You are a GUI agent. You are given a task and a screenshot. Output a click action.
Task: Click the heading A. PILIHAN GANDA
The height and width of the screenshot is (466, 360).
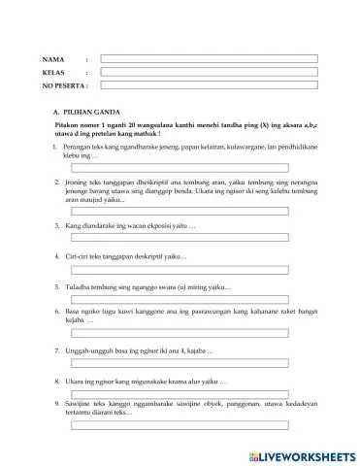click(x=87, y=114)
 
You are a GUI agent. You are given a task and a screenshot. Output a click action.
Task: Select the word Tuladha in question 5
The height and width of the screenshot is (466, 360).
click(x=79, y=287)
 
